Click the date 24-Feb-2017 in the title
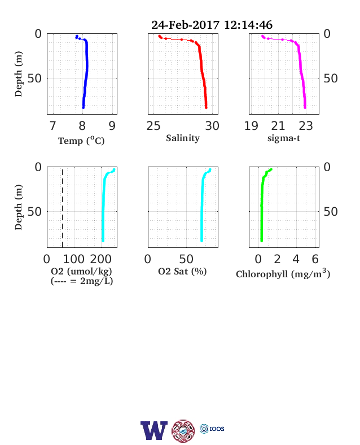pos(185,25)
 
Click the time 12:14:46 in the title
pos(248,25)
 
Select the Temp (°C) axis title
pos(81,141)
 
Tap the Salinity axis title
pos(183,138)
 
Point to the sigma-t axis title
pos(284,138)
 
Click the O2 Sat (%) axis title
pos(182,272)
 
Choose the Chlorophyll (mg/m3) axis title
pos(283,273)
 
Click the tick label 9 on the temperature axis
pos(112,126)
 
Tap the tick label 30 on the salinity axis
pos(212,126)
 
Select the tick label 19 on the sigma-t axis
pos(251,126)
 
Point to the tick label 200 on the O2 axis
pos(101,259)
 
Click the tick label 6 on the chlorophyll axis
pos(315,259)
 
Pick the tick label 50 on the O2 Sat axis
pos(186,259)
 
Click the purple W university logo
pos(154,430)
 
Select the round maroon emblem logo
pos(183,431)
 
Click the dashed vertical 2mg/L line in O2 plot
pos(63,207)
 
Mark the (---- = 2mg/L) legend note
pos(82,281)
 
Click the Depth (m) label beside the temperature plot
pos(19,74)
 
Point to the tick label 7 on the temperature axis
pos(52,126)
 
